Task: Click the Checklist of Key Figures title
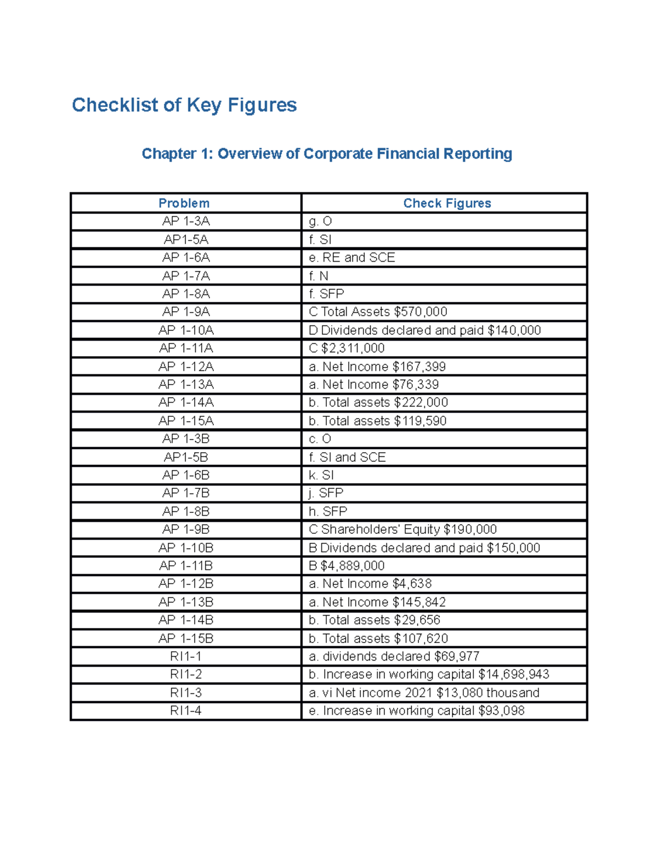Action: [184, 105]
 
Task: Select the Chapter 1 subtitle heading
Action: [327, 154]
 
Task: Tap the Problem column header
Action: [184, 204]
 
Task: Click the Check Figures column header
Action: [447, 204]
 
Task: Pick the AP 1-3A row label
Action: [186, 221]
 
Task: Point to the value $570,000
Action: [421, 312]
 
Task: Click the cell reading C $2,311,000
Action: [347, 348]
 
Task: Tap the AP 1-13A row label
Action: [186, 385]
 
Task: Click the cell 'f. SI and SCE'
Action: [347, 457]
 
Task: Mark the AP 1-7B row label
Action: [186, 493]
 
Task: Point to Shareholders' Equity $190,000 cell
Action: [403, 529]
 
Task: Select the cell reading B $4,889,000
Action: [347, 566]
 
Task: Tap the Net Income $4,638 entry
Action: [370, 584]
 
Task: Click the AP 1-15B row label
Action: [186, 639]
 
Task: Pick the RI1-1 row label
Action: [186, 657]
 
